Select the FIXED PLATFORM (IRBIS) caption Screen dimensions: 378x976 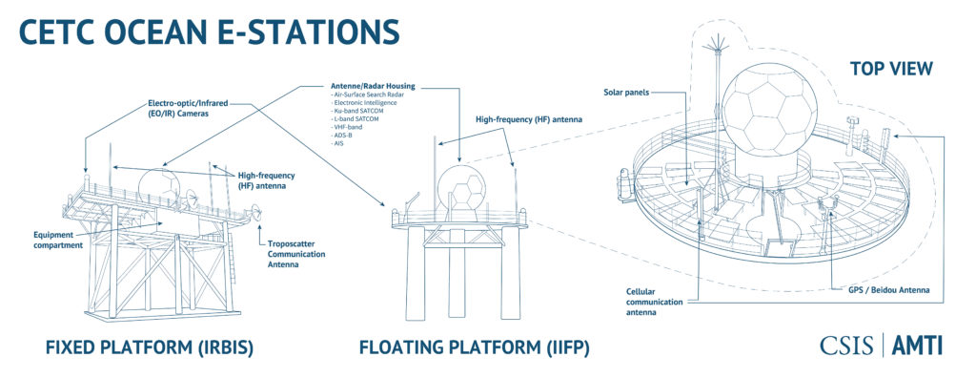149,348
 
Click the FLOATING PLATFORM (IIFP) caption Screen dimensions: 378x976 475,348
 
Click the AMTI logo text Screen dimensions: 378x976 917,346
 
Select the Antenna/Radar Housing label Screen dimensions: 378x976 367,87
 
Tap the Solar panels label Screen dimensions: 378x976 626,92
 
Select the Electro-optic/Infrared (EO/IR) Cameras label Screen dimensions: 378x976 190,107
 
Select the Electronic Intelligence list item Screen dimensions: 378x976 358,104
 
